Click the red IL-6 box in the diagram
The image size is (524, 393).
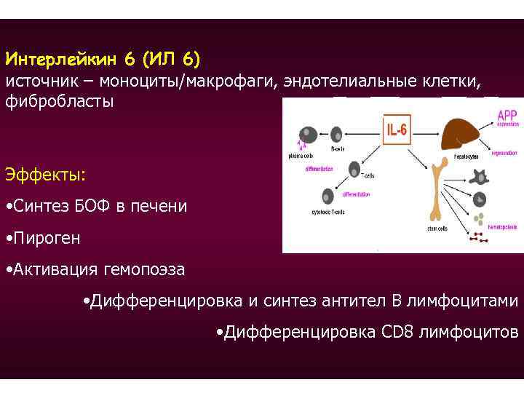pyautogui.click(x=398, y=130)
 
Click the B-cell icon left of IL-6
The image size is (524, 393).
pyautogui.click(x=337, y=134)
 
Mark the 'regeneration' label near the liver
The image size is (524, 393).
pyautogui.click(x=504, y=154)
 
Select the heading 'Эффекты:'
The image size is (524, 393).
pyautogui.click(x=45, y=175)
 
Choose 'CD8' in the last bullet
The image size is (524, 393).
pyautogui.click(x=397, y=333)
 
